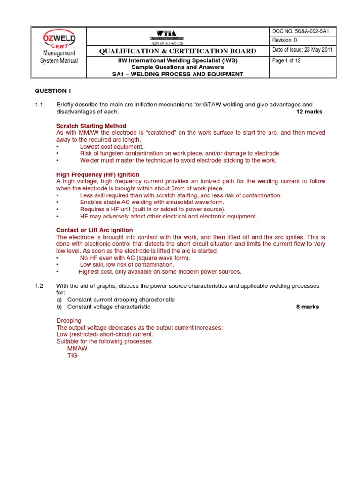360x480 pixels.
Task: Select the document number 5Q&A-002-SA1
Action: point(296,31)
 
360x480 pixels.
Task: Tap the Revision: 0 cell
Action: point(285,41)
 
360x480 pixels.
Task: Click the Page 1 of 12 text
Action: point(287,60)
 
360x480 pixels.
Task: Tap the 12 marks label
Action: point(309,112)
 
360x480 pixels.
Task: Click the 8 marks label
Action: point(307,307)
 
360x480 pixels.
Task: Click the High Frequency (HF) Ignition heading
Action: point(97,174)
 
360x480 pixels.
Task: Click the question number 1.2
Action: point(39,285)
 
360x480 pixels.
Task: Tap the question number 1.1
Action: point(39,104)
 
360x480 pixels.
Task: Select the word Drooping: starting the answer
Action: point(70,321)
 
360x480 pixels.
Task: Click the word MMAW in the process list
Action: point(77,349)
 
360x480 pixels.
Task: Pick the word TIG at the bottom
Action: point(73,356)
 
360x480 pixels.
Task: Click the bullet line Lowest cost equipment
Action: point(112,146)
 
